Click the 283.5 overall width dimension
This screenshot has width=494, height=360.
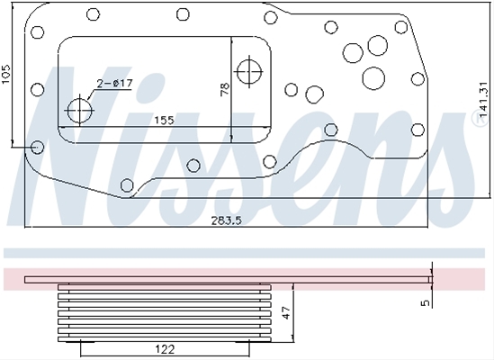coord(226,220)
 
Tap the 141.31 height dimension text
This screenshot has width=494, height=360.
coord(482,104)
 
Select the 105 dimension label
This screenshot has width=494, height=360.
coord(6,75)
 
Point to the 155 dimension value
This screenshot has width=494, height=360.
coord(164,120)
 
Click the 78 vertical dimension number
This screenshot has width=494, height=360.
coord(225,89)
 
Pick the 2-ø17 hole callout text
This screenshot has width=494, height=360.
coord(114,84)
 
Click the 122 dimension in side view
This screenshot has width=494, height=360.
coord(165,349)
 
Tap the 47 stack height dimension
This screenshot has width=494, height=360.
coord(286,313)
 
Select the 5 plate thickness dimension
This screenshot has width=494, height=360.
coord(426,303)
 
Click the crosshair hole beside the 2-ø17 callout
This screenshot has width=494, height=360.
coord(80,111)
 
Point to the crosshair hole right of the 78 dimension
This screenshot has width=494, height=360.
coord(250,72)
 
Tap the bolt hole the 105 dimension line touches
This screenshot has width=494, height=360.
coord(38,148)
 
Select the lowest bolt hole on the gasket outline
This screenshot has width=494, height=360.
coord(127,185)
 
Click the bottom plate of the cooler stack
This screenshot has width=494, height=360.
coord(165,339)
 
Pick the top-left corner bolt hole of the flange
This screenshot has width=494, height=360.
coord(38,32)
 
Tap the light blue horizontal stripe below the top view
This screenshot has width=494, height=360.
coord(244,253)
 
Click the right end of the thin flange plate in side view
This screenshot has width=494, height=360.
coord(431,280)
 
